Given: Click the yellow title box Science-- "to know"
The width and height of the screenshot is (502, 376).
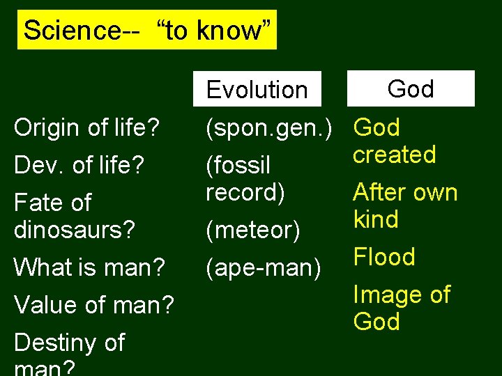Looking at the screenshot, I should (x=147, y=30).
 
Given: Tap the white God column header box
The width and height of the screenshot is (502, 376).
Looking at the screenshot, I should (x=411, y=88).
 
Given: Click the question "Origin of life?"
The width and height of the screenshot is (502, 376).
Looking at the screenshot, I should (x=87, y=127).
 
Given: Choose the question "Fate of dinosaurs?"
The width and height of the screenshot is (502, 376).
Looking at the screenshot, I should (x=74, y=216).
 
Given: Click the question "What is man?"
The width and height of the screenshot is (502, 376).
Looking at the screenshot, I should (x=89, y=267).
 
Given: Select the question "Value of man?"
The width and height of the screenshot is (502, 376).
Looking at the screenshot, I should (x=93, y=304).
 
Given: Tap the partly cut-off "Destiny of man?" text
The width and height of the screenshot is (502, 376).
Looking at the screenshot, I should (x=69, y=352).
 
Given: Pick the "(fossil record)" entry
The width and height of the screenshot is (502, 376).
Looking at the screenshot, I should (x=245, y=178).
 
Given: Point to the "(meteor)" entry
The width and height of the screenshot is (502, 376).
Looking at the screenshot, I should (x=252, y=229).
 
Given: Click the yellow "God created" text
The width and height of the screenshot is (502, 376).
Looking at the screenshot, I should (x=394, y=141).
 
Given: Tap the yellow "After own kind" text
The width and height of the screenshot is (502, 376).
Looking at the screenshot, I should (x=404, y=205).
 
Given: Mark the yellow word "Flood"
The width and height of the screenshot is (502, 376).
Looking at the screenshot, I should (x=384, y=257).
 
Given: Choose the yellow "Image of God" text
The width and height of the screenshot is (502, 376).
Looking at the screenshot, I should (x=402, y=308).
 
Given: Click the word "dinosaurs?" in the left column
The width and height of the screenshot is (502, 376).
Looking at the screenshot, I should (x=74, y=229).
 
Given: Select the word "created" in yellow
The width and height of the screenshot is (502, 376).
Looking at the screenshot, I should (x=394, y=154).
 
